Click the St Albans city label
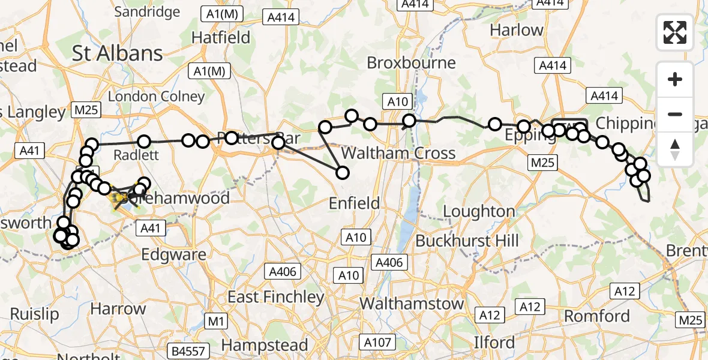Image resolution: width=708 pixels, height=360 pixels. tap(118, 53)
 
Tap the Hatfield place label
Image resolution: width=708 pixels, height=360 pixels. tap(221, 37)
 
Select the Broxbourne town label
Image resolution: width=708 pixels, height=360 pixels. tap(411, 62)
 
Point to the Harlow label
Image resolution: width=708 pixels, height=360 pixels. tap(517, 29)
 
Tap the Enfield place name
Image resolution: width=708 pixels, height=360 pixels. tap(354, 203)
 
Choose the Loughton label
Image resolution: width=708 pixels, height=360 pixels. tap(479, 211)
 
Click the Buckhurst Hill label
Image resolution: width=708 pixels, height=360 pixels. tap(467, 241)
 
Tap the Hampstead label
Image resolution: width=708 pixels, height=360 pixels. tap(265, 345)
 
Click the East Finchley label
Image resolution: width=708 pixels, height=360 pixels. tap(275, 296)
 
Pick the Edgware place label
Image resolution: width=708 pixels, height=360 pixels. tap(173, 254)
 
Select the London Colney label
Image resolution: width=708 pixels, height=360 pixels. tap(157, 97)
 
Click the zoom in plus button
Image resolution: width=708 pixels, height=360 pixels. tap(675, 79)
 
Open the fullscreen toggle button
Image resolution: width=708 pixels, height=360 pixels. tap(675, 32)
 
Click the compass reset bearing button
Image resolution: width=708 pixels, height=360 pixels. tap(675, 149)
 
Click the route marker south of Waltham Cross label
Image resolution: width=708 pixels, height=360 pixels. tap(343, 173)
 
